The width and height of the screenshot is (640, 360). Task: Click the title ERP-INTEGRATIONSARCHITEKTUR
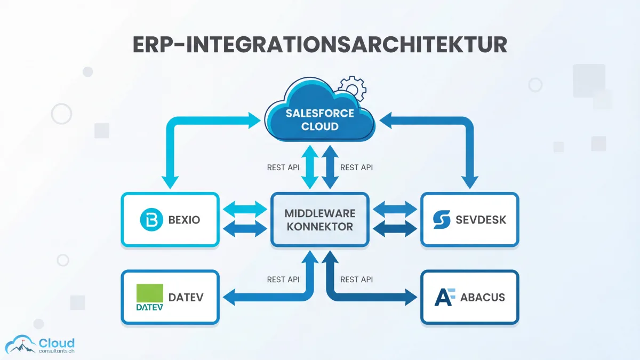pyautogui.click(x=319, y=45)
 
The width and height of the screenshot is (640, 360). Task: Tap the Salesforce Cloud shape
pyautogui.click(x=319, y=119)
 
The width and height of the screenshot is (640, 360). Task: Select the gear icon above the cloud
pyautogui.click(x=353, y=88)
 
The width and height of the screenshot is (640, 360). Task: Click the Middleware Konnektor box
pyautogui.click(x=319, y=219)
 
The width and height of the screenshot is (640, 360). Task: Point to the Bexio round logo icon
pyautogui.click(x=149, y=219)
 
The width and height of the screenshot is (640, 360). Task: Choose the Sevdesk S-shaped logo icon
pyautogui.click(x=442, y=219)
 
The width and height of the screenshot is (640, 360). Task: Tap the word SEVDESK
pyautogui.click(x=481, y=219)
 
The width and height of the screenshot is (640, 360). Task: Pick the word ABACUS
pyautogui.click(x=482, y=297)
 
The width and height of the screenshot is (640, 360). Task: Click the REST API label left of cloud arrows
pyautogui.click(x=283, y=167)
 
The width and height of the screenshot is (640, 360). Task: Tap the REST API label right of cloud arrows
pyautogui.click(x=356, y=167)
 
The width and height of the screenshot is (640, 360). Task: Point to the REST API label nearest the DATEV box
pyautogui.click(x=283, y=279)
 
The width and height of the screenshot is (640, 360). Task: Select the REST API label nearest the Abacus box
pyautogui.click(x=356, y=279)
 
